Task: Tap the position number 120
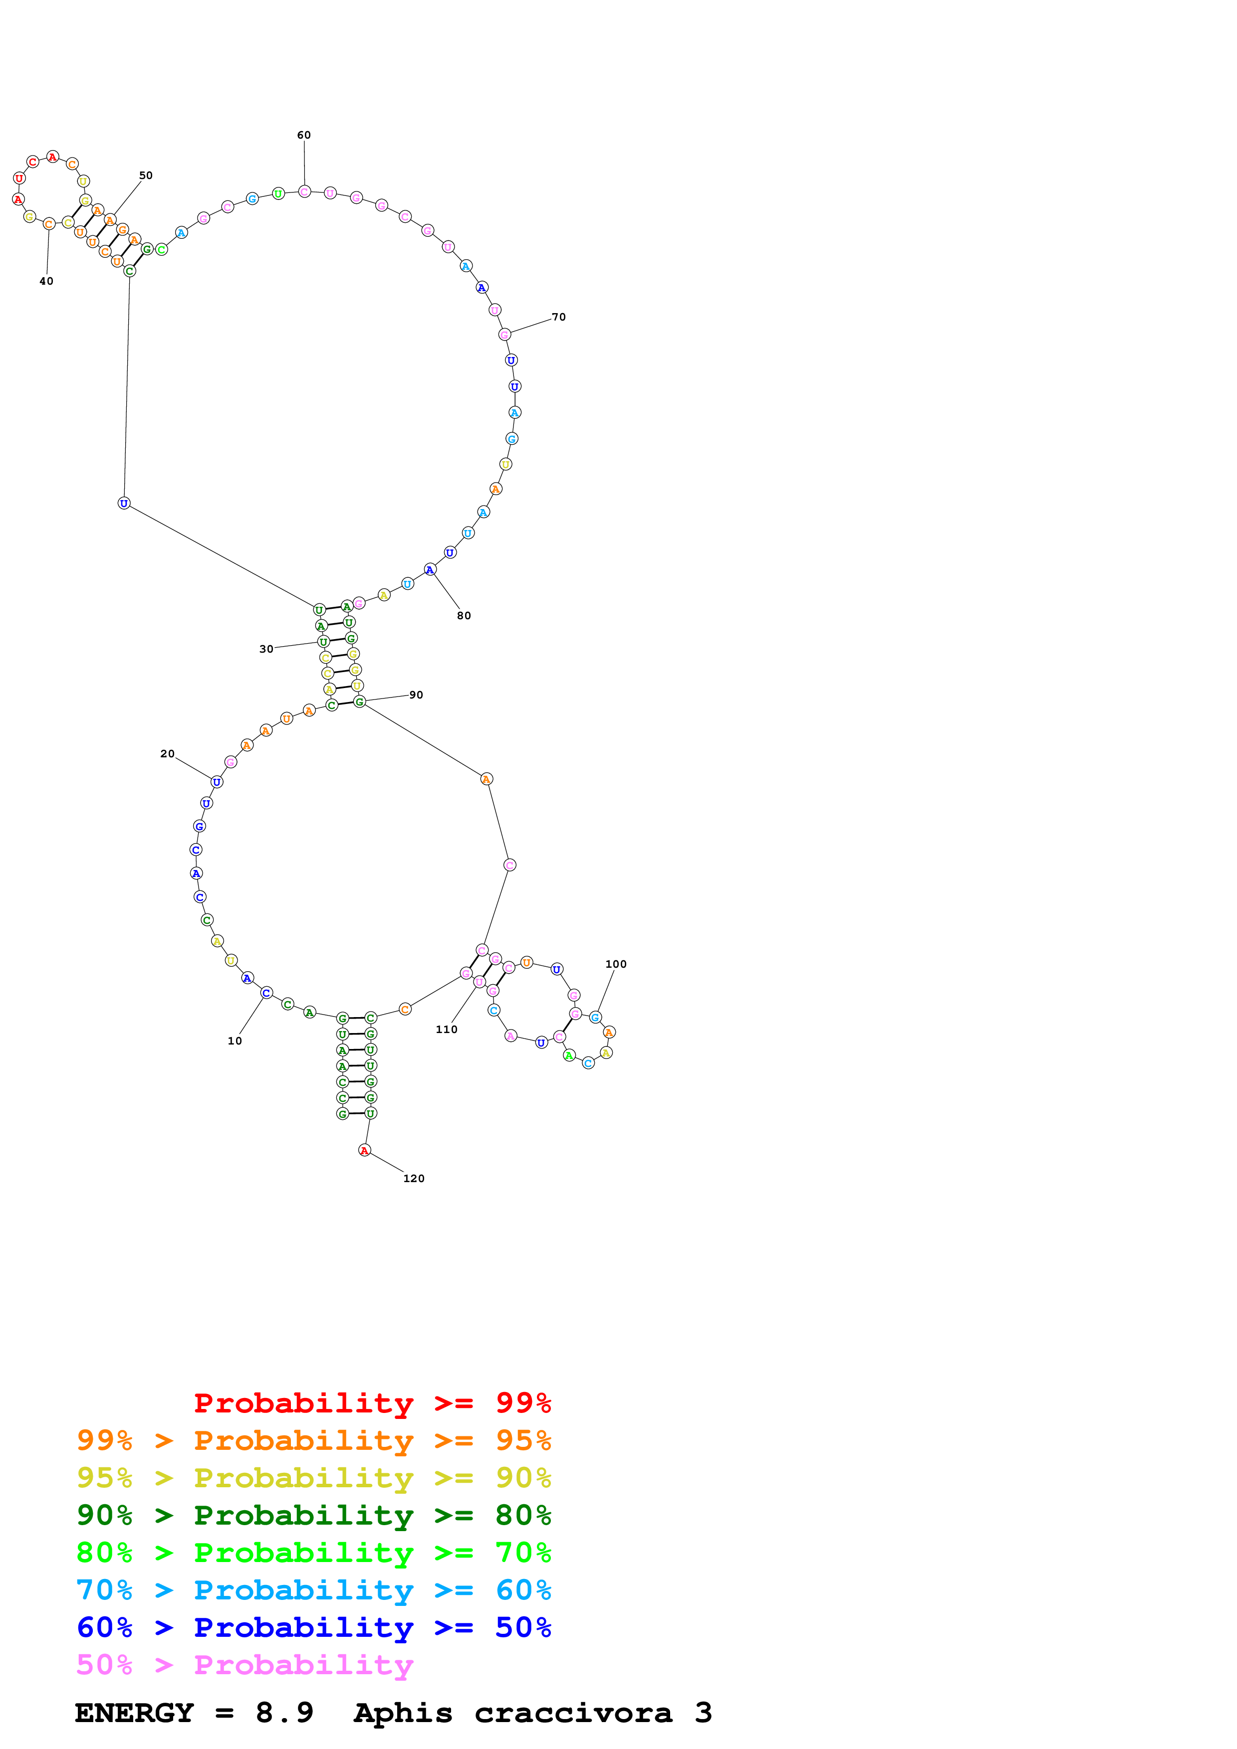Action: pos(413,1179)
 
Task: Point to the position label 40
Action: pos(46,281)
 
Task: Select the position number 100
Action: pos(615,964)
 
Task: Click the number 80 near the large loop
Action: pos(464,616)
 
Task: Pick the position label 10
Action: pos(235,1041)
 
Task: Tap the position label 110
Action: pos(446,1029)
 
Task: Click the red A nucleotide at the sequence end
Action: pos(364,1150)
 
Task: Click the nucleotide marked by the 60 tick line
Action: pos(304,191)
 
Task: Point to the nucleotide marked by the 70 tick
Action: pos(504,335)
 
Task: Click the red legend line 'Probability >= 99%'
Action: pos(372,1402)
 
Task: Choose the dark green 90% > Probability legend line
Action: pos(313,1515)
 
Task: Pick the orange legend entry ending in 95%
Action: pos(313,1440)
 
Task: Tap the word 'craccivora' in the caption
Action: pos(573,1713)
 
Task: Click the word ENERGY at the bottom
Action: pos(134,1713)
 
